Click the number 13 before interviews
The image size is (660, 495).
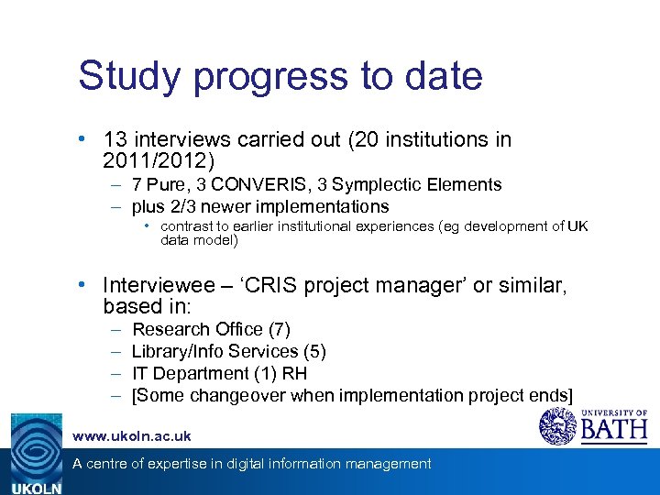coord(115,140)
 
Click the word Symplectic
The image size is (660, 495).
coord(392,184)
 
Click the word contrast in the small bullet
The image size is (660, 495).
coord(189,226)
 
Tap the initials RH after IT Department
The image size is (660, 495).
coord(295,373)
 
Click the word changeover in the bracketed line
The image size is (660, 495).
coord(234,395)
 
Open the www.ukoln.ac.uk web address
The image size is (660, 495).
coord(131,436)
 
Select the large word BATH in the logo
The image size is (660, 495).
coord(613,429)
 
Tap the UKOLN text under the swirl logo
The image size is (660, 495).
coord(36,488)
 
